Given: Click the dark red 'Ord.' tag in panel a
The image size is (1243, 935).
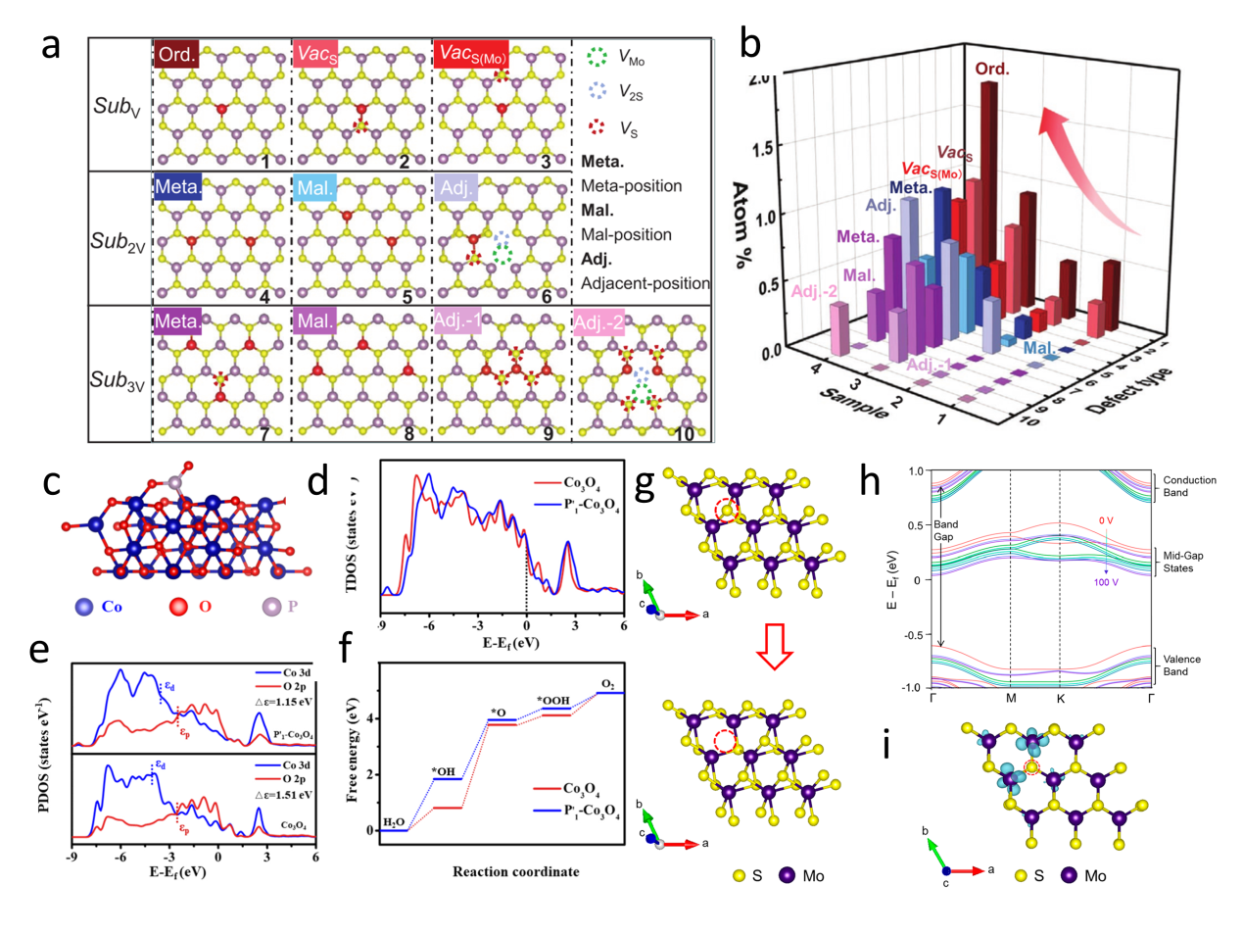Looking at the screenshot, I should point(176,54).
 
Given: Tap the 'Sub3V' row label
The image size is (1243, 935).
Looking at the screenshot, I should point(118,380).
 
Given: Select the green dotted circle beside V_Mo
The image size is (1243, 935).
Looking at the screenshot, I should point(597,57).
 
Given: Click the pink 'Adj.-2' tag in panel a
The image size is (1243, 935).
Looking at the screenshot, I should point(598,321).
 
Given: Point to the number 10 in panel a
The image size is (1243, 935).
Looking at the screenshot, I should point(684,433).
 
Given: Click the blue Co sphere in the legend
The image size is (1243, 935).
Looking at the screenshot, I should point(85,607).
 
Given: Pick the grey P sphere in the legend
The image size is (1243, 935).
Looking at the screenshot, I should point(271,607).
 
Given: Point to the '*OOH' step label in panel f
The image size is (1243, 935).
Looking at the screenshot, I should point(553,700).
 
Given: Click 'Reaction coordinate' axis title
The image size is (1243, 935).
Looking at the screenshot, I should point(515,871).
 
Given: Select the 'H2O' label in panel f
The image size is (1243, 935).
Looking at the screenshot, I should point(393,821).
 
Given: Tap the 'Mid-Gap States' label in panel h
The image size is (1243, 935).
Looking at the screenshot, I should point(1182,562).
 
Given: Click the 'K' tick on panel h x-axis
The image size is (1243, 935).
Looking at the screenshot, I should point(1060,699).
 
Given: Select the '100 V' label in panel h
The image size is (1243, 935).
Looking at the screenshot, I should point(1106,582).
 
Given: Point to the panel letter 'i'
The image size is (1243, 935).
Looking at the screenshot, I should point(886,747).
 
